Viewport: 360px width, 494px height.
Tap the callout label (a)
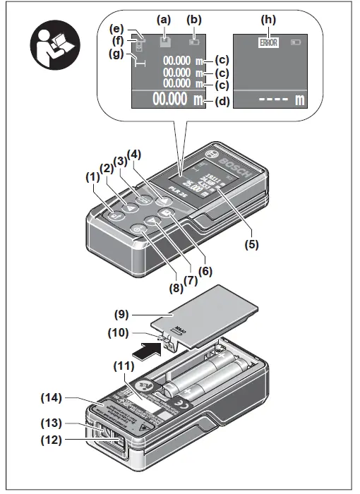(x=164, y=21)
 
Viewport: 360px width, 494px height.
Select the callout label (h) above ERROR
(x=268, y=21)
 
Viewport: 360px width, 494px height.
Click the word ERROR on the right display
(x=268, y=42)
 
